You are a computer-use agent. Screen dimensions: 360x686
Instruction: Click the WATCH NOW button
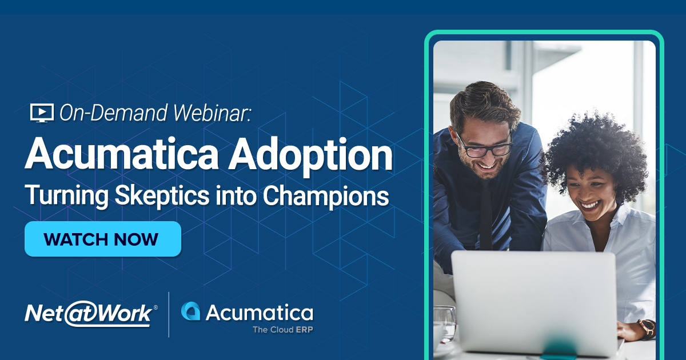pos(102,239)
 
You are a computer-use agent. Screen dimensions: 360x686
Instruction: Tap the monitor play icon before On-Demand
pos(41,113)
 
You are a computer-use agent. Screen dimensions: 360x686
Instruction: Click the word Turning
pos(59,197)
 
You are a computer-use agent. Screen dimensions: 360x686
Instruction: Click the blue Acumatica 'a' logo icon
pos(190,311)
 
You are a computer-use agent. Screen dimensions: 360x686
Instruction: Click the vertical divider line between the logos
pos(169,314)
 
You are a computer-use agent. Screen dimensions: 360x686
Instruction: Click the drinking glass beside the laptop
pos(445,323)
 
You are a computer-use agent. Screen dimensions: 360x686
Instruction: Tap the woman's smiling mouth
pos(588,204)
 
